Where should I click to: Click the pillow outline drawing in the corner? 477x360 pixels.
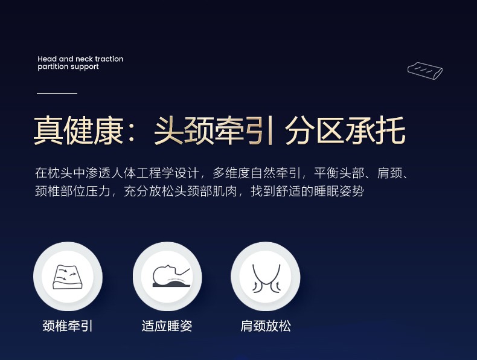point(425,71)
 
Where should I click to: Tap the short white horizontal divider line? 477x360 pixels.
point(57,93)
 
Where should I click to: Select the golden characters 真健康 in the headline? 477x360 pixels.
point(78,130)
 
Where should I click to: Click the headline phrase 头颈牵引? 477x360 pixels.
point(213,130)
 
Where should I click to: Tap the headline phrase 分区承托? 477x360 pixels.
point(345,130)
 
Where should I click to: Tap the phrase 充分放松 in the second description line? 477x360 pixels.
point(149,191)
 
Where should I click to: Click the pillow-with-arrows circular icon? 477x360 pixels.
point(68,276)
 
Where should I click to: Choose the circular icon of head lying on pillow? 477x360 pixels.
point(167,276)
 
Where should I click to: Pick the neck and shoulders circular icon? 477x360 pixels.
point(266,276)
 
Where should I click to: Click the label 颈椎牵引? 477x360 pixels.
point(68,326)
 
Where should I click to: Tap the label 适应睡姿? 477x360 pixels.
point(167,326)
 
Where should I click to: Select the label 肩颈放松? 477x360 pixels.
point(266,326)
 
